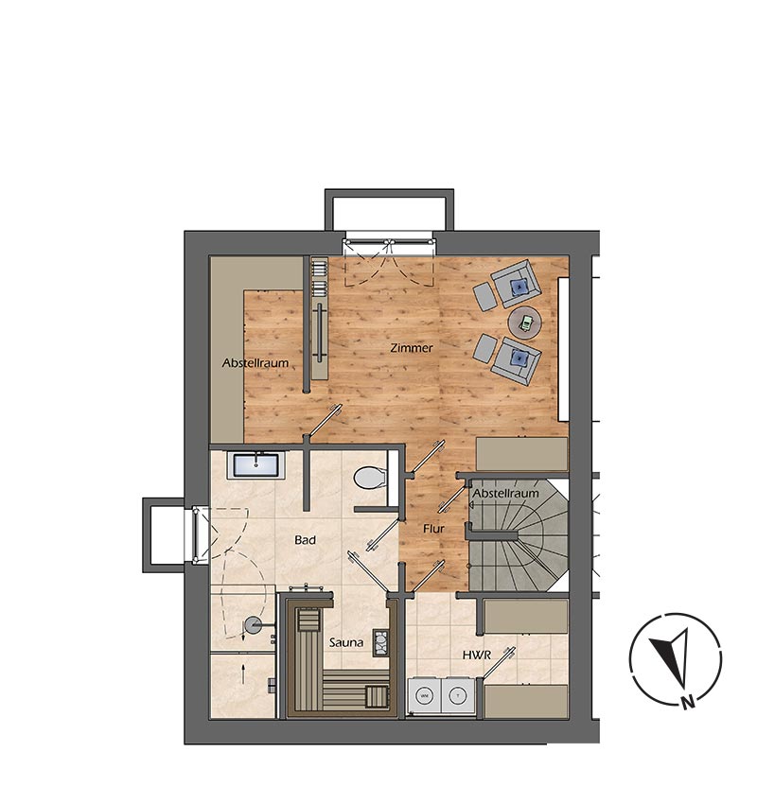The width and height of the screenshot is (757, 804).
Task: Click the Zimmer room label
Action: pyautogui.click(x=412, y=348)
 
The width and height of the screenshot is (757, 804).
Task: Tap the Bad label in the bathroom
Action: pyautogui.click(x=305, y=540)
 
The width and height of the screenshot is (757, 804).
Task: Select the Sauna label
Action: pyautogui.click(x=346, y=642)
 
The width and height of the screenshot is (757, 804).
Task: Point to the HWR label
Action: pyautogui.click(x=477, y=655)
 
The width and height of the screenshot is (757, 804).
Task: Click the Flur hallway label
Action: pyautogui.click(x=433, y=528)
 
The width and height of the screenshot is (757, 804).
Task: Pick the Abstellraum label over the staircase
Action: pyautogui.click(x=505, y=493)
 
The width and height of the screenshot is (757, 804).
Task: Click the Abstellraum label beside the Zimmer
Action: pyautogui.click(x=255, y=363)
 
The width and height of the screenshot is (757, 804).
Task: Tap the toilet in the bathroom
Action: pyautogui.click(x=370, y=478)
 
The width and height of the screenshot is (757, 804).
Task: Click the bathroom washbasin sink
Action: pyautogui.click(x=255, y=465)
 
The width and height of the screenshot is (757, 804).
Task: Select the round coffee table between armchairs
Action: pyautogui.click(x=524, y=323)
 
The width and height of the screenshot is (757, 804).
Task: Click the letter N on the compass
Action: pyautogui.click(x=688, y=702)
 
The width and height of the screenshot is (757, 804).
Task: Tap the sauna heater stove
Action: pyautogui.click(x=380, y=642)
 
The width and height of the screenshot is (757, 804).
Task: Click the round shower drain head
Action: pyautogui.click(x=252, y=624)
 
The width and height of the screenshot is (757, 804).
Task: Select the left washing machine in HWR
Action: pyautogui.click(x=425, y=696)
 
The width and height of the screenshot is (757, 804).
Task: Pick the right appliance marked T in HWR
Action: pyautogui.click(x=458, y=696)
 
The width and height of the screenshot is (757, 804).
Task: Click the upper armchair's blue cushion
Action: pyautogui.click(x=519, y=286)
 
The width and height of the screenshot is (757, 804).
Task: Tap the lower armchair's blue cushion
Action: pyautogui.click(x=519, y=358)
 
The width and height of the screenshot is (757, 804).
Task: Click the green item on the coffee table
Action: pyautogui.click(x=526, y=322)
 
